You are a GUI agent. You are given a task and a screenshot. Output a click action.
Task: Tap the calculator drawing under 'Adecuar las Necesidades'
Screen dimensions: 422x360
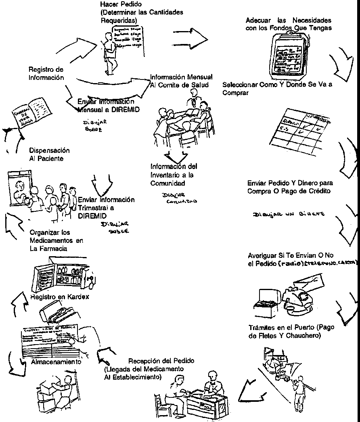290,55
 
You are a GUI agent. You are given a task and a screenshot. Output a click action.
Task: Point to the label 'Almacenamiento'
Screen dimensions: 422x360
56,362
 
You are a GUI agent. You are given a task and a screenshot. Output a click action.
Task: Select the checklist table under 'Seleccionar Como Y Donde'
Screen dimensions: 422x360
300,129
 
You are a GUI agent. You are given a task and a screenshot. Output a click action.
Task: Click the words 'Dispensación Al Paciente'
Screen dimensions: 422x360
49,154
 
